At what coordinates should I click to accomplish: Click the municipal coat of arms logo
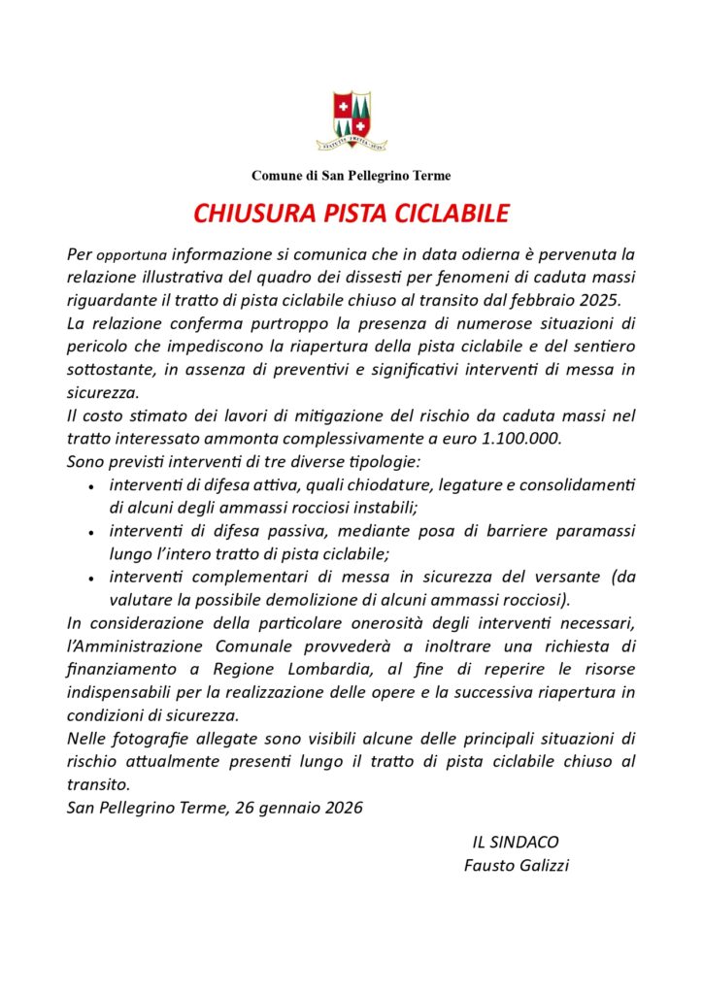pos(351,120)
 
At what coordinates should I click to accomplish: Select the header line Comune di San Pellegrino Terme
pos(351,176)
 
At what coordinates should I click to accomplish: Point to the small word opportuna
pos(132,255)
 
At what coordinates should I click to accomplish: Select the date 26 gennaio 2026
pos(299,808)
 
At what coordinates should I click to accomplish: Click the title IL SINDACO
pos(516,842)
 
